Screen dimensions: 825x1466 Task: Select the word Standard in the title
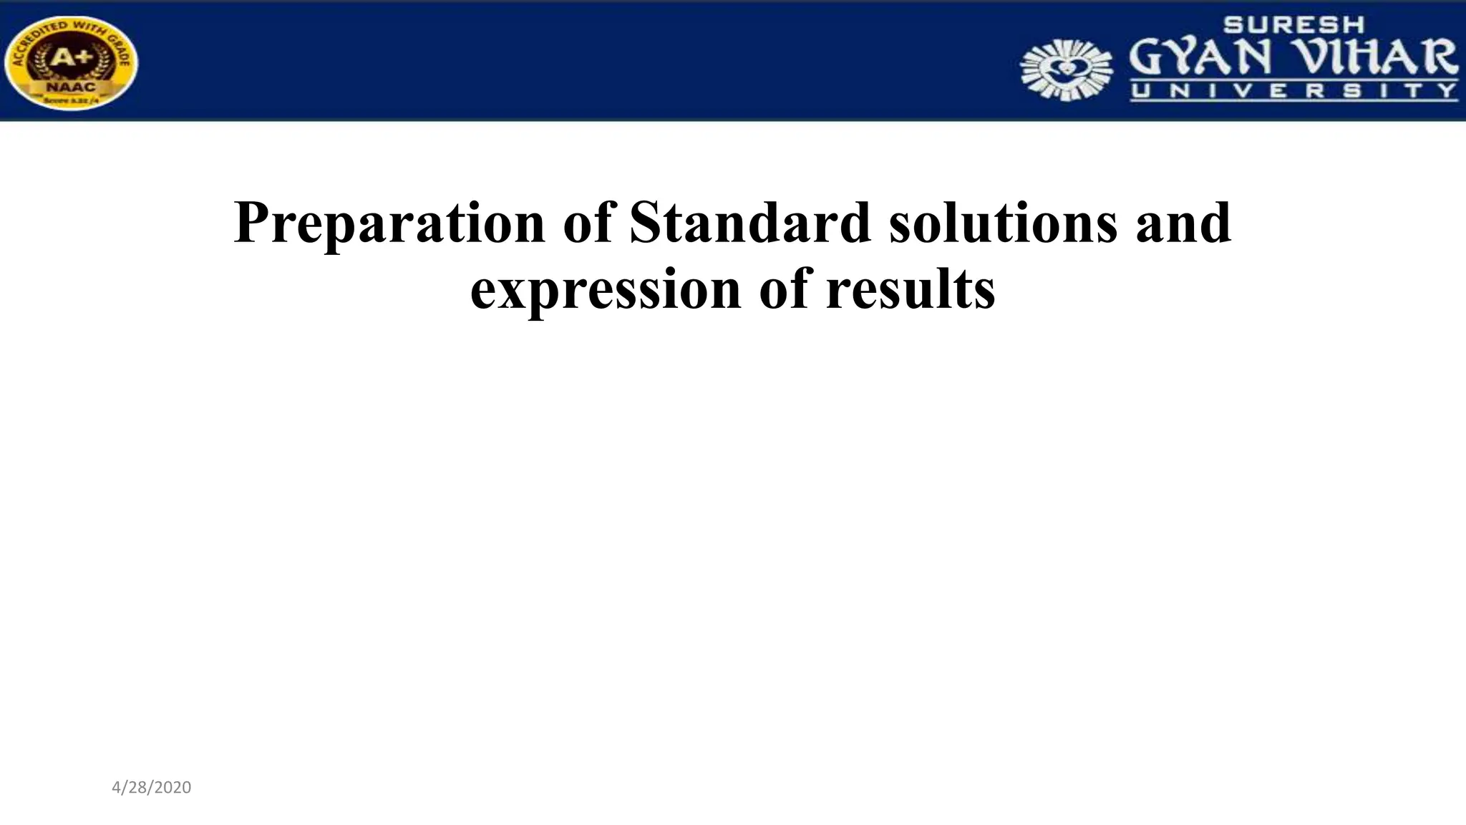(x=749, y=222)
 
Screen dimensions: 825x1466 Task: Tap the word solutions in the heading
(x=1003, y=222)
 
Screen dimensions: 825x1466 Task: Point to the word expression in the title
(x=605, y=289)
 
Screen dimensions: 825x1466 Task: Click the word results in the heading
(x=910, y=289)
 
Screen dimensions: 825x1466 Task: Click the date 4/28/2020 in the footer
(x=152, y=788)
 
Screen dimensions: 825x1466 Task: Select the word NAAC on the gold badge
(x=70, y=87)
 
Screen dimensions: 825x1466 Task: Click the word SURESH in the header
(x=1293, y=25)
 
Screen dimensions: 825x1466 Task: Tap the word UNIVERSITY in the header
(x=1293, y=91)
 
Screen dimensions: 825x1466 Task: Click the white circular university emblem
(x=1066, y=69)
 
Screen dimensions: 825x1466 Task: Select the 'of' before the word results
(x=785, y=289)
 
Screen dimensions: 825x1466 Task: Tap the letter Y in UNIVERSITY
(x=1448, y=91)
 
